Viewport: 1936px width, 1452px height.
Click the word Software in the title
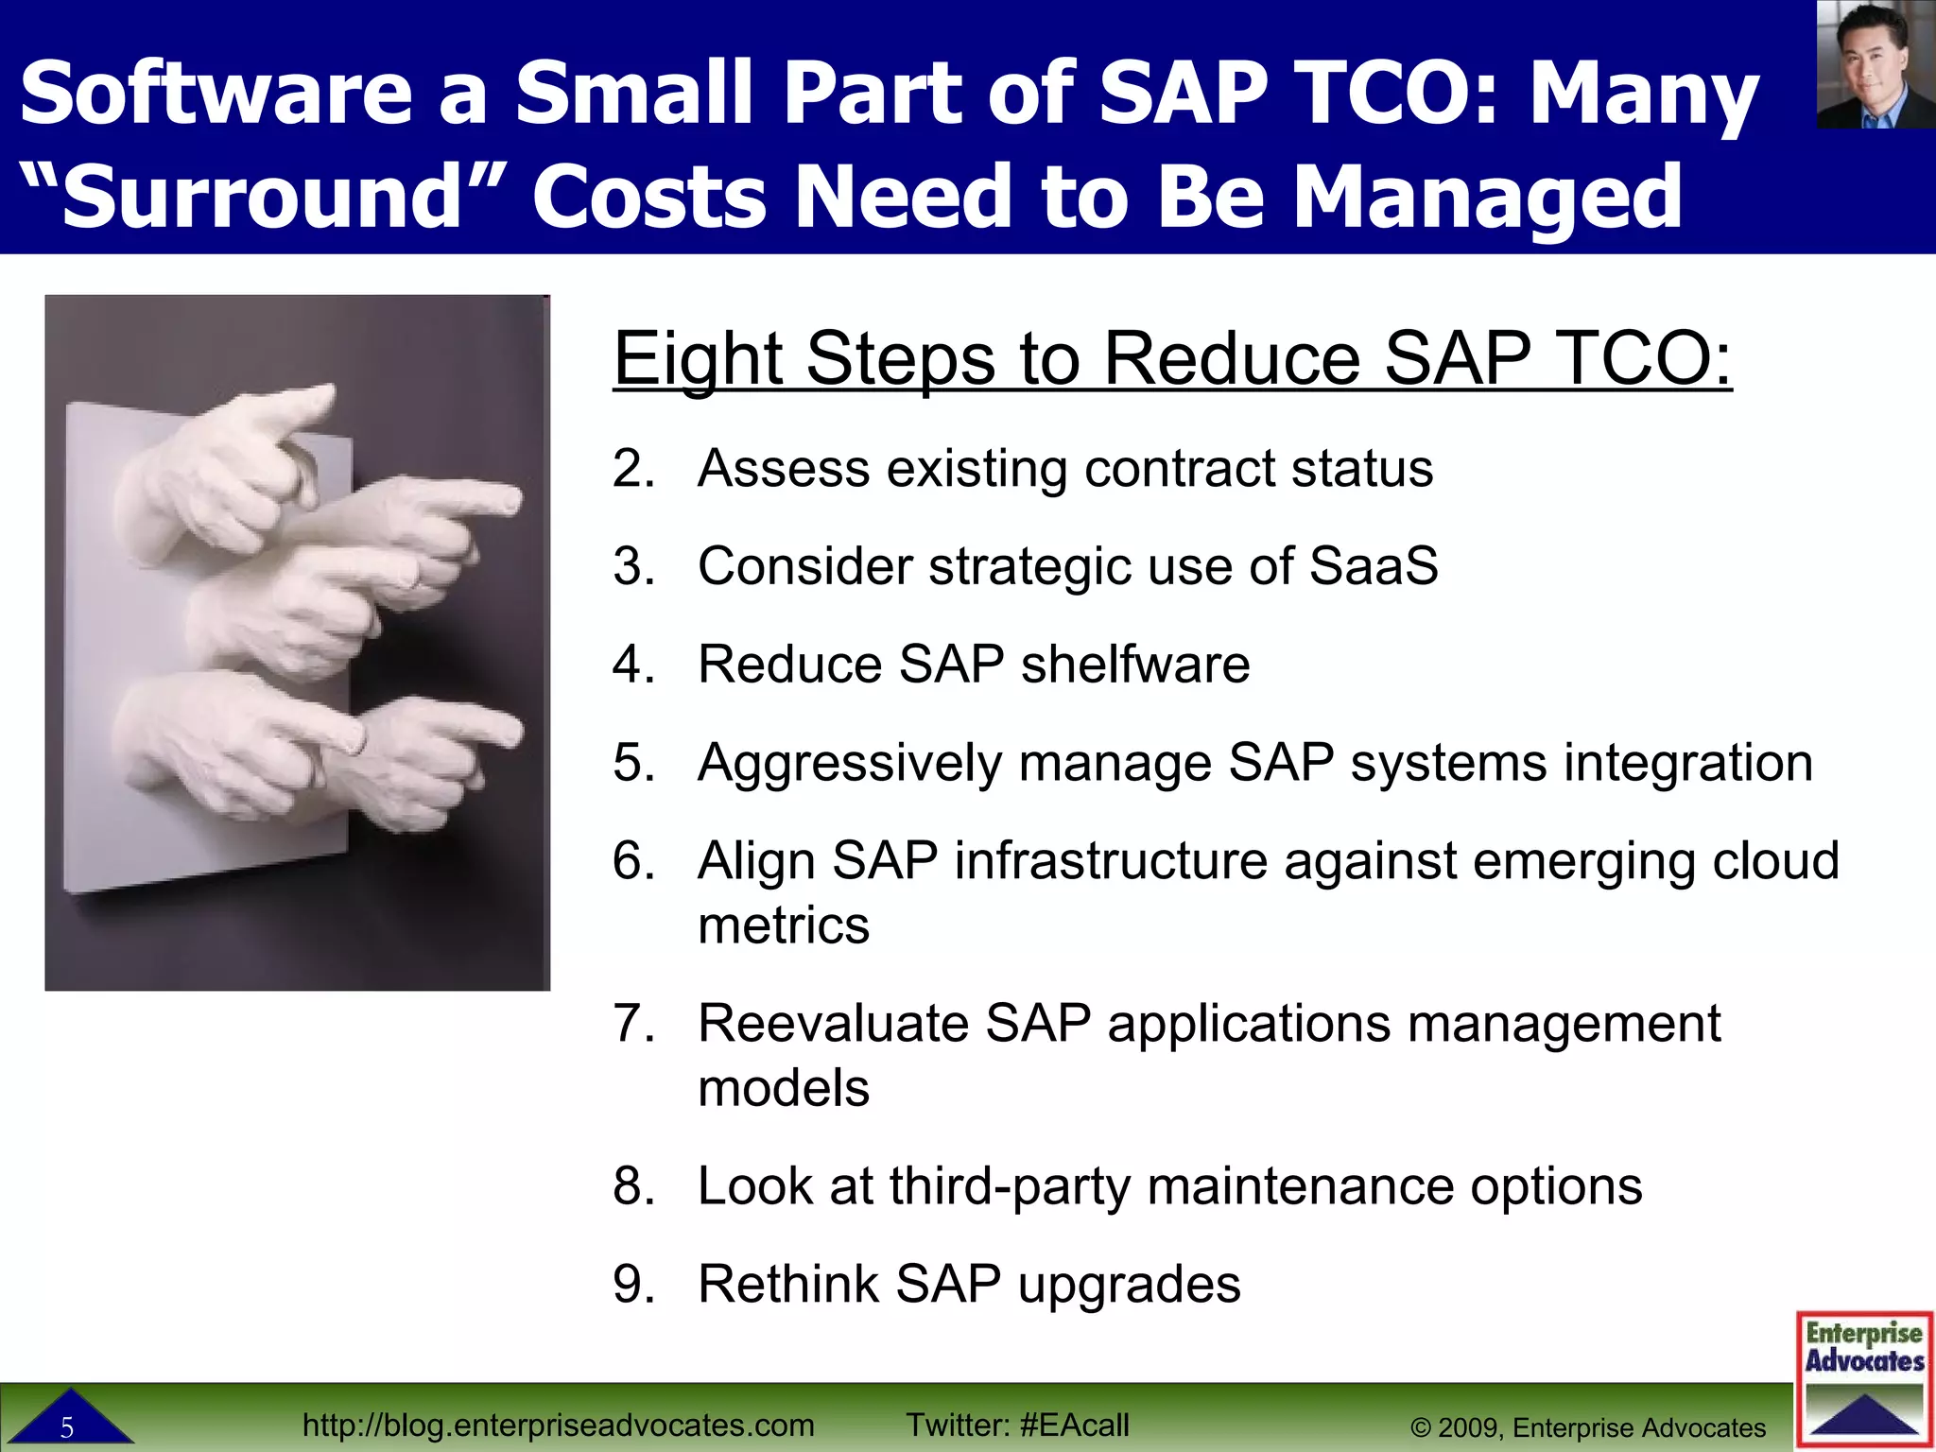(216, 93)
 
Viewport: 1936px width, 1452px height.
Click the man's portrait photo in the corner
(1875, 64)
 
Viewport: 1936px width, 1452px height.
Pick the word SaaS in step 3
(1373, 566)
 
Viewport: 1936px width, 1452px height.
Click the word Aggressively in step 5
(849, 763)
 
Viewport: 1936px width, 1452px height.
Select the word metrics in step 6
(783, 925)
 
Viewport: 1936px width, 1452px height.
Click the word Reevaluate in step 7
(833, 1023)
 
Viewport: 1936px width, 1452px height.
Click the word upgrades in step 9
(1129, 1284)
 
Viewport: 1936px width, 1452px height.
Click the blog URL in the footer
(558, 1425)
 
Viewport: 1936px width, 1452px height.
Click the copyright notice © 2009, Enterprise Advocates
(1588, 1427)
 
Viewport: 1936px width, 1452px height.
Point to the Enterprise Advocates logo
(1864, 1378)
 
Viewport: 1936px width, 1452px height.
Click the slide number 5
(67, 1427)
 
